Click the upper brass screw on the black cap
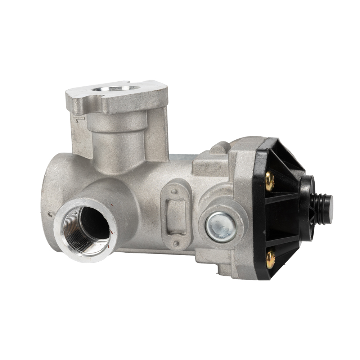270,181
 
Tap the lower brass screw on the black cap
270,259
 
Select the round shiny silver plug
221,227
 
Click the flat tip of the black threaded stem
329,204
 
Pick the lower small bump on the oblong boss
176,244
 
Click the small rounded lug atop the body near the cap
219,148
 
